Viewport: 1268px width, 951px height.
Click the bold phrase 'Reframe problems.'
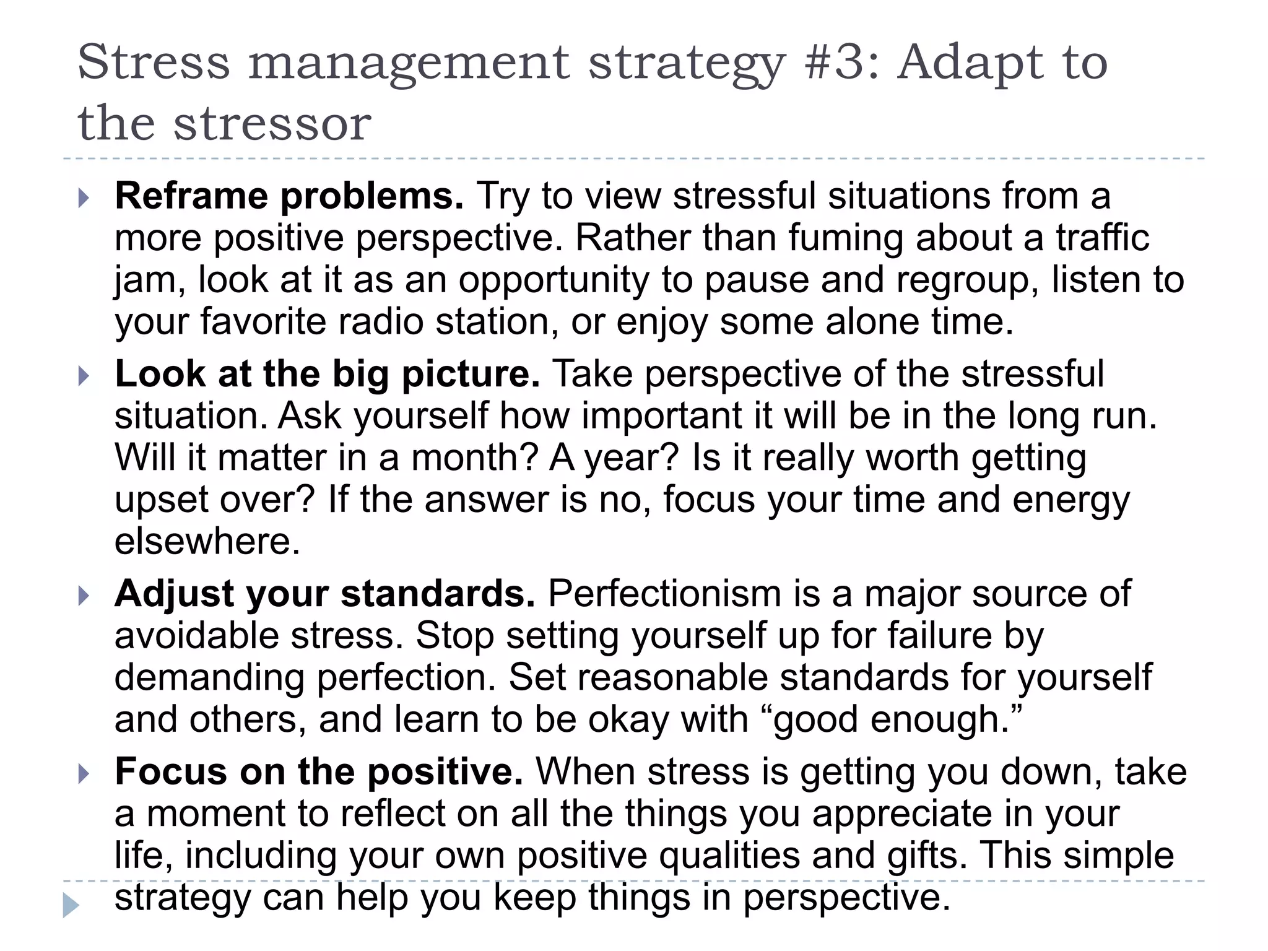click(289, 196)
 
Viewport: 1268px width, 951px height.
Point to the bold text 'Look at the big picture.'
click(328, 375)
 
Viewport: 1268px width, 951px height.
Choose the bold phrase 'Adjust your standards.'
click(325, 594)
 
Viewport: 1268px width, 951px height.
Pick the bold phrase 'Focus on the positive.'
click(319, 772)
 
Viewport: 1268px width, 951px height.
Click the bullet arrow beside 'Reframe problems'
click(84, 199)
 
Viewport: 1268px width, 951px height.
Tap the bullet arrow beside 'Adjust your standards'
click(84, 596)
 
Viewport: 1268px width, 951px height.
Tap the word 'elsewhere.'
click(207, 542)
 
